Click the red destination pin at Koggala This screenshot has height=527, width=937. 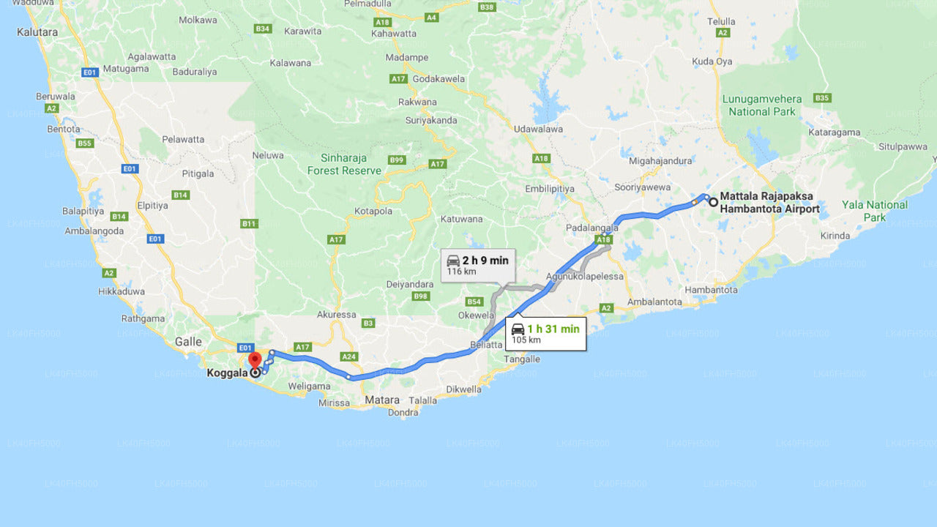pyautogui.click(x=255, y=360)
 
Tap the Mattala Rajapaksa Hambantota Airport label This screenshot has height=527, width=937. pyautogui.click(x=769, y=203)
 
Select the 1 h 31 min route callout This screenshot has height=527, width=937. pyautogui.click(x=545, y=334)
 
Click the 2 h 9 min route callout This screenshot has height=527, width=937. pyautogui.click(x=477, y=265)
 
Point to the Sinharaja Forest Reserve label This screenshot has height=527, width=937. pyautogui.click(x=344, y=164)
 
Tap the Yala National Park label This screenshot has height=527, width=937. pyautogui.click(x=874, y=211)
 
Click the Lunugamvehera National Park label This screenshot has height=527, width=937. pyautogui.click(x=761, y=105)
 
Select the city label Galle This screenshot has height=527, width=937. pyautogui.click(x=188, y=342)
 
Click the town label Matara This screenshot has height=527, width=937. pyautogui.click(x=382, y=400)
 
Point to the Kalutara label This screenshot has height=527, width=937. pyautogui.click(x=37, y=32)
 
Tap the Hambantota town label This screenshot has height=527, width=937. pyautogui.click(x=711, y=290)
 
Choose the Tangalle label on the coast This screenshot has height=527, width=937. pyautogui.click(x=522, y=359)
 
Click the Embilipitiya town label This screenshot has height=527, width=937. pyautogui.click(x=550, y=189)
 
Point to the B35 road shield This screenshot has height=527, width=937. pyautogui.click(x=822, y=98)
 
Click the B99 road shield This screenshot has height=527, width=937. pyautogui.click(x=397, y=160)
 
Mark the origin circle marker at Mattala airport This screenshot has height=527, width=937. pyautogui.click(x=713, y=201)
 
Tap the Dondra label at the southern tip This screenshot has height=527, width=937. pyautogui.click(x=403, y=413)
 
